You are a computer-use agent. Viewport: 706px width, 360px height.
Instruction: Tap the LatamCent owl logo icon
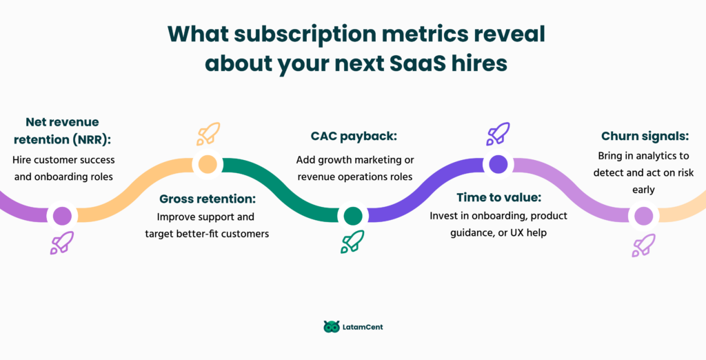point(331,326)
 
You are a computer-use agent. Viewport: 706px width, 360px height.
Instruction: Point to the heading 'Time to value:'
point(498,197)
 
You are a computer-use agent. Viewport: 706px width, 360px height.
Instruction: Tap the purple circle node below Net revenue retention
point(62,215)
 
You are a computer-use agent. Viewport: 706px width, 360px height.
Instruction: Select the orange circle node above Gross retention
point(207,164)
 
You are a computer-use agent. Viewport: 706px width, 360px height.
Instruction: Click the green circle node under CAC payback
point(352,216)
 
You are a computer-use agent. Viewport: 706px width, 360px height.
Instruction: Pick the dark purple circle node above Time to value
point(498,164)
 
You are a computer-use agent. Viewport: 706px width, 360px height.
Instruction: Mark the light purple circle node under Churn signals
point(643,216)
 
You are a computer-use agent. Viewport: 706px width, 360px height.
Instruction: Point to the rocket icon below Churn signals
point(643,245)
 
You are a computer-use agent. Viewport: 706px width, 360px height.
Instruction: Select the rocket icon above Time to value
point(498,133)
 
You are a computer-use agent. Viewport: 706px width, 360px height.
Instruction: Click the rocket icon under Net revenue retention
point(62,243)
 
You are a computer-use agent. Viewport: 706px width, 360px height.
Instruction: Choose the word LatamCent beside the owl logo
point(363,327)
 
